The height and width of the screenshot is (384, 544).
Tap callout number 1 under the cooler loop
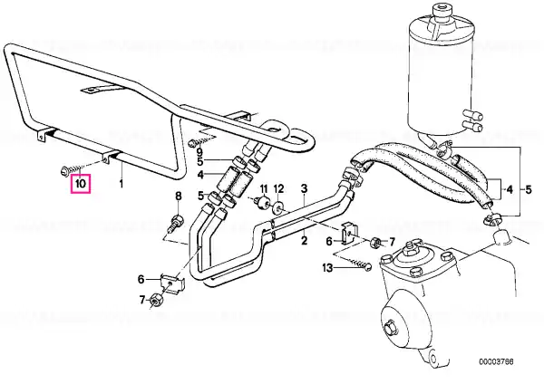pyautogui.click(x=122, y=183)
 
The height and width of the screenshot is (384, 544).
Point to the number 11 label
pyautogui.click(x=264, y=188)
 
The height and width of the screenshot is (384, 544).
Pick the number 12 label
pyautogui.click(x=279, y=188)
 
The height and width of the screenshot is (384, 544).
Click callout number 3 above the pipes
pyautogui.click(x=305, y=189)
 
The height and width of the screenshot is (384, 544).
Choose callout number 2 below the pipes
pyautogui.click(x=305, y=241)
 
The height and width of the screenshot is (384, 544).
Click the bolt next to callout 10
pyautogui.click(x=69, y=168)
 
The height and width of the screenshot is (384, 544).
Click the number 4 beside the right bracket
pyautogui.click(x=510, y=190)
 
